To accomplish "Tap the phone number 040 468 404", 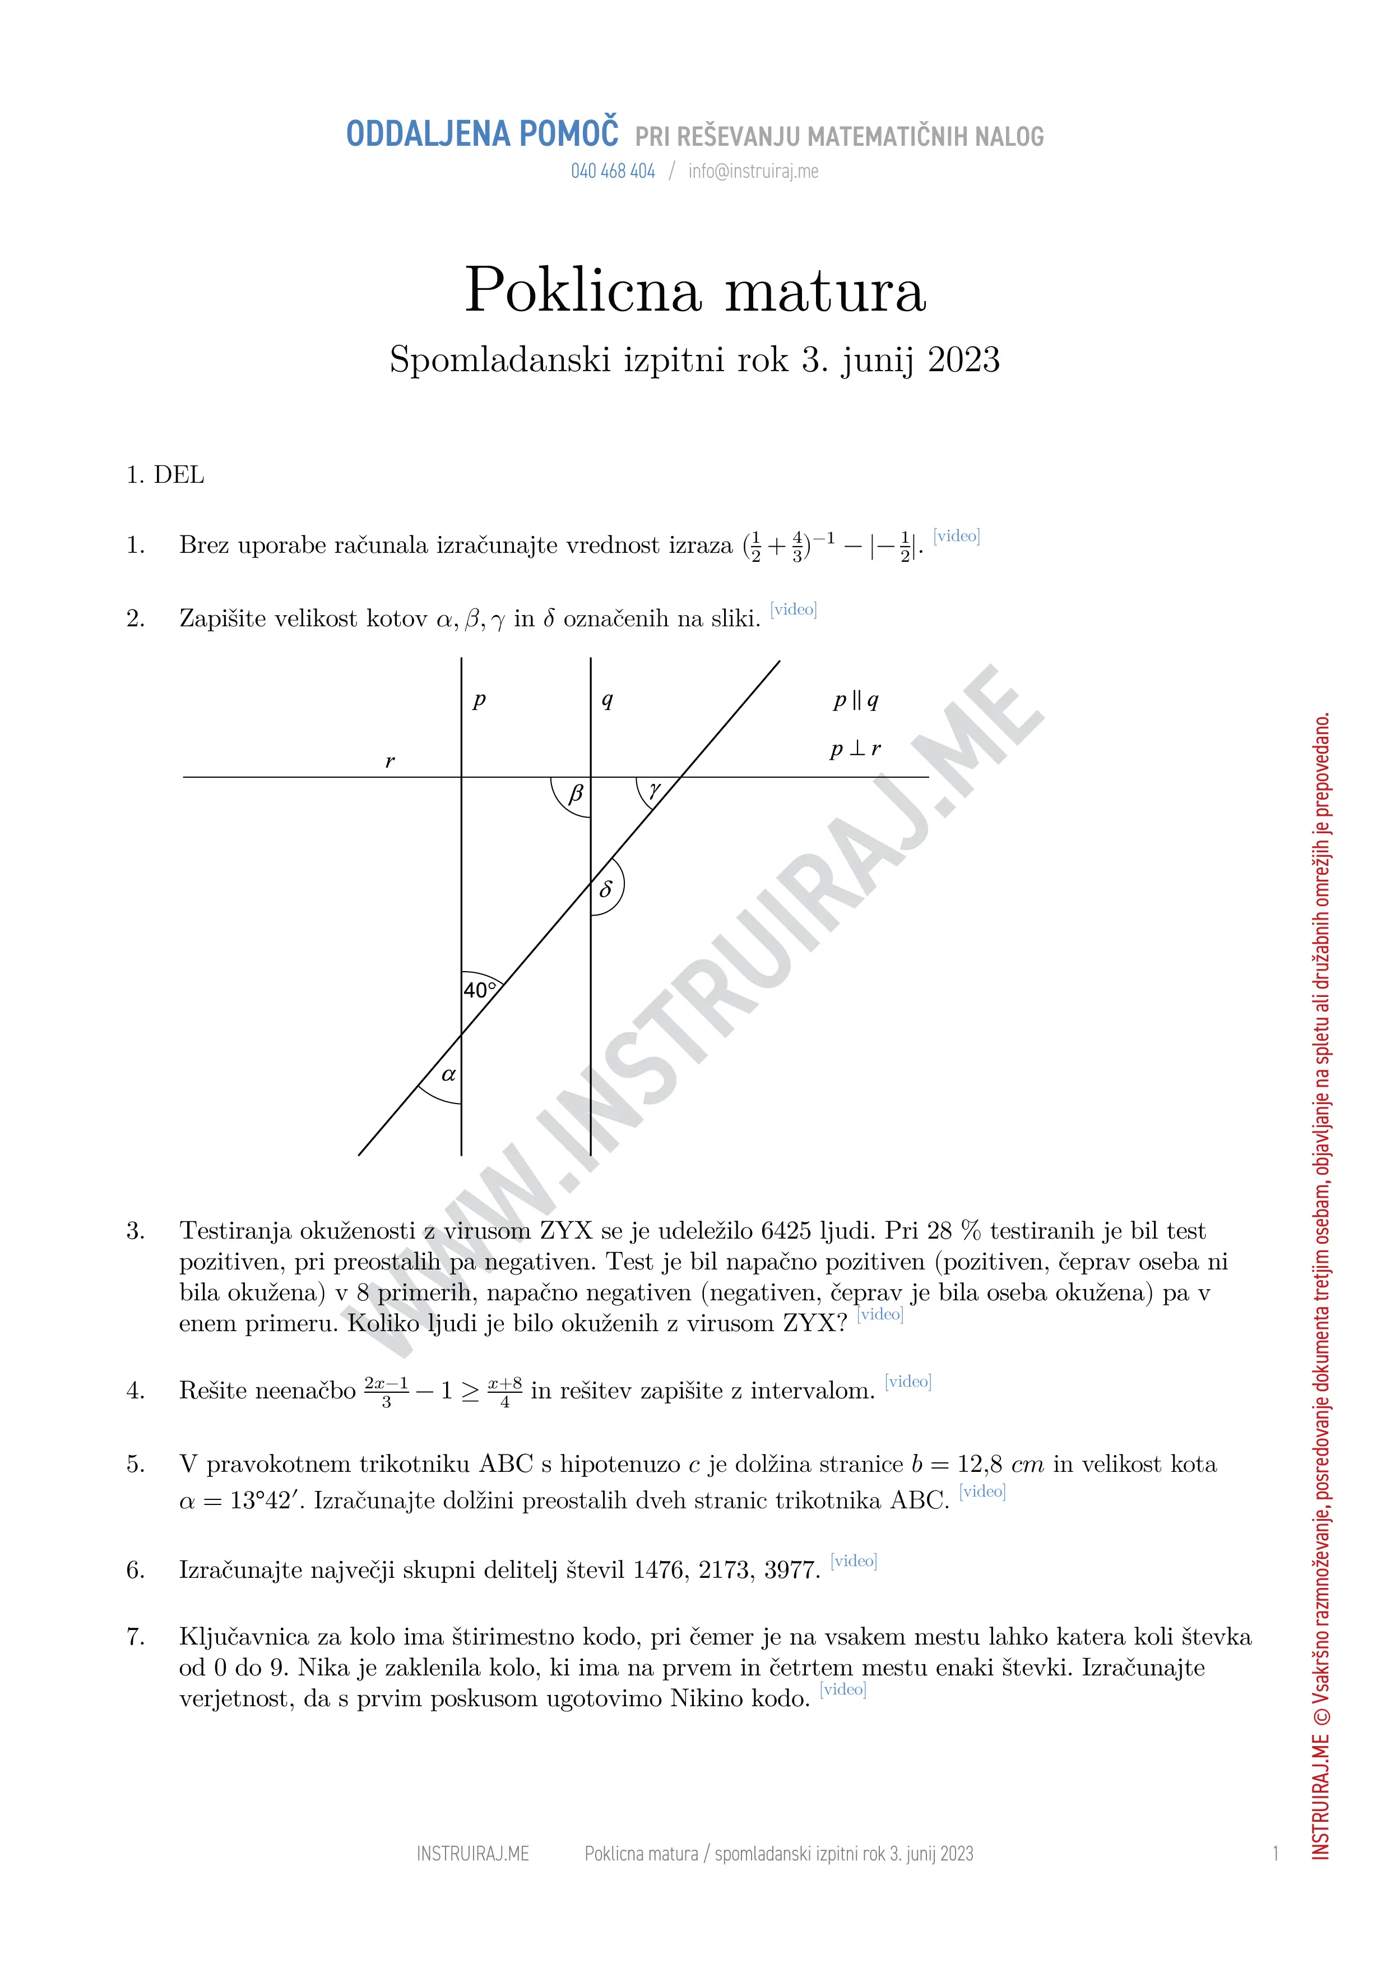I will click(613, 172).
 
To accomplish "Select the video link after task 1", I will click(956, 536).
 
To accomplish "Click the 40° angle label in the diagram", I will click(480, 990).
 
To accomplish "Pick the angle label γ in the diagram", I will click(655, 788).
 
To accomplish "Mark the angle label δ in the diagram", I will click(606, 888).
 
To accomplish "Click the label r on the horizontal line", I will click(390, 761).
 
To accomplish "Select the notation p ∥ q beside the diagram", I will click(856, 701).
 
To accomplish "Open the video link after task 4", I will click(908, 1381).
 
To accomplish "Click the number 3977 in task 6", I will click(792, 1569).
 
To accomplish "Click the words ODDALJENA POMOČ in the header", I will click(481, 135).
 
